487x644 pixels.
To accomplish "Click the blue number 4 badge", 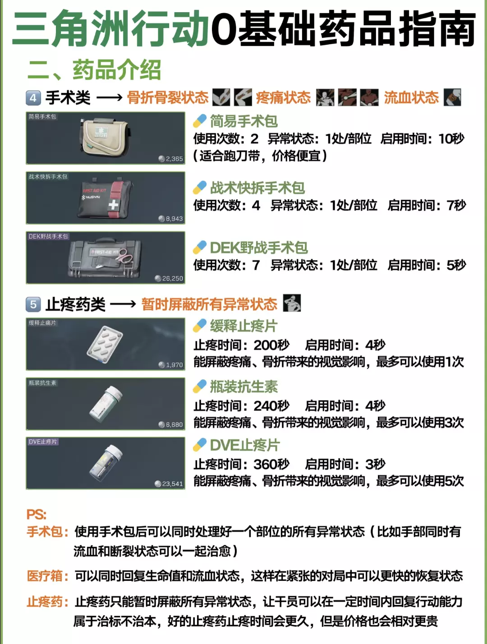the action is click(x=33, y=98).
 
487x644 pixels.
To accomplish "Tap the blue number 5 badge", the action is click(x=33, y=304).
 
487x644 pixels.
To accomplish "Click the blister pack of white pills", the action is click(x=105, y=345).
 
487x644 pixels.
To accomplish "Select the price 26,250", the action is click(x=169, y=278).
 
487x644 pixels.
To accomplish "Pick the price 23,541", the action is click(x=169, y=484).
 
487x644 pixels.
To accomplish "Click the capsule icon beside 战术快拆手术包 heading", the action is click(x=200, y=188).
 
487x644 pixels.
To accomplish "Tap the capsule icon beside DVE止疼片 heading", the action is click(x=200, y=445).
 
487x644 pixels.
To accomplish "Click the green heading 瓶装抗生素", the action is click(x=244, y=386).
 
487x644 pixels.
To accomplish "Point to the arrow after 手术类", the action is click(x=110, y=98).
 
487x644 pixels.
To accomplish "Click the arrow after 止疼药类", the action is click(x=123, y=304).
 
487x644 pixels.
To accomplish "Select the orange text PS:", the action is click(x=37, y=514).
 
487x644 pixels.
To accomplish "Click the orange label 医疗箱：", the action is click(x=47, y=576).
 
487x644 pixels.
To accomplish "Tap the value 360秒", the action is click(x=271, y=465).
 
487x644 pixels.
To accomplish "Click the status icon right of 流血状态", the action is click(x=452, y=97).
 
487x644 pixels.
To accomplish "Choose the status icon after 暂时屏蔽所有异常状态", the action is click(x=292, y=303).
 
